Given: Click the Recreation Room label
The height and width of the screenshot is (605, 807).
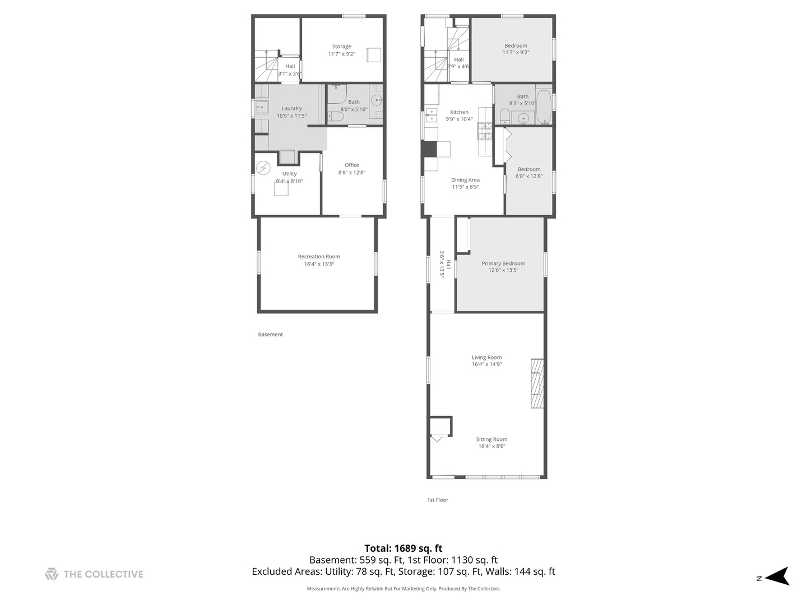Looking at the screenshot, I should coord(319,257).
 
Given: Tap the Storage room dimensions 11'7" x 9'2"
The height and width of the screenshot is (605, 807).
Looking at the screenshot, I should coord(341,54).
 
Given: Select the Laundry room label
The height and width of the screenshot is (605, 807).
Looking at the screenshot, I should coord(291,109).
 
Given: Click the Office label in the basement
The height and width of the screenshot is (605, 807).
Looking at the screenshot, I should coord(352,165).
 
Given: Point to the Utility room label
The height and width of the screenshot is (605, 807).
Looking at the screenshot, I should coord(289,174).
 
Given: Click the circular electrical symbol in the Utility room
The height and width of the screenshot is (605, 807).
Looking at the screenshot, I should coord(263,168).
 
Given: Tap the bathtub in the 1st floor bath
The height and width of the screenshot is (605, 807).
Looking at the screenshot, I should coord(544,105).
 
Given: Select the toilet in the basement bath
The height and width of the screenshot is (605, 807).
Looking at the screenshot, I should coord(335,117).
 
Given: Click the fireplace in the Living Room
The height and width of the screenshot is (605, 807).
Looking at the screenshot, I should coord(537,383).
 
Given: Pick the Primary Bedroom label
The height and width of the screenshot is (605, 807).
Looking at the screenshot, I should coord(503,263).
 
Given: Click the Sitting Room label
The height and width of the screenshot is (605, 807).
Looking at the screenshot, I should coord(491,440).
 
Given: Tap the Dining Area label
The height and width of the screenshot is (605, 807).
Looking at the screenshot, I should coord(465,180).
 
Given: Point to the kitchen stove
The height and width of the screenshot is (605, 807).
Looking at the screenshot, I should coord(484,132).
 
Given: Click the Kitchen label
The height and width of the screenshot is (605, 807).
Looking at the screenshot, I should coord(459,112).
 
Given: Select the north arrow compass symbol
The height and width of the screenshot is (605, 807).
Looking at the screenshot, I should coord(777,576).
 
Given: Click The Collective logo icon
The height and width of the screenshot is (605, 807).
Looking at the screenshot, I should coord(52,574).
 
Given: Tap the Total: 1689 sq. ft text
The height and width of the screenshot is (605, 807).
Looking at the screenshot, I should coord(403,548).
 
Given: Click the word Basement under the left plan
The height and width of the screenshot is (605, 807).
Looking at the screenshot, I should coord(270,334).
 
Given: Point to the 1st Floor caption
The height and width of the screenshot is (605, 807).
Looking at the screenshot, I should coord(438,500).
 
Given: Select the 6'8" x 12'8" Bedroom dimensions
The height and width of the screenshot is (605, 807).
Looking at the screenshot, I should coord(529,176).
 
